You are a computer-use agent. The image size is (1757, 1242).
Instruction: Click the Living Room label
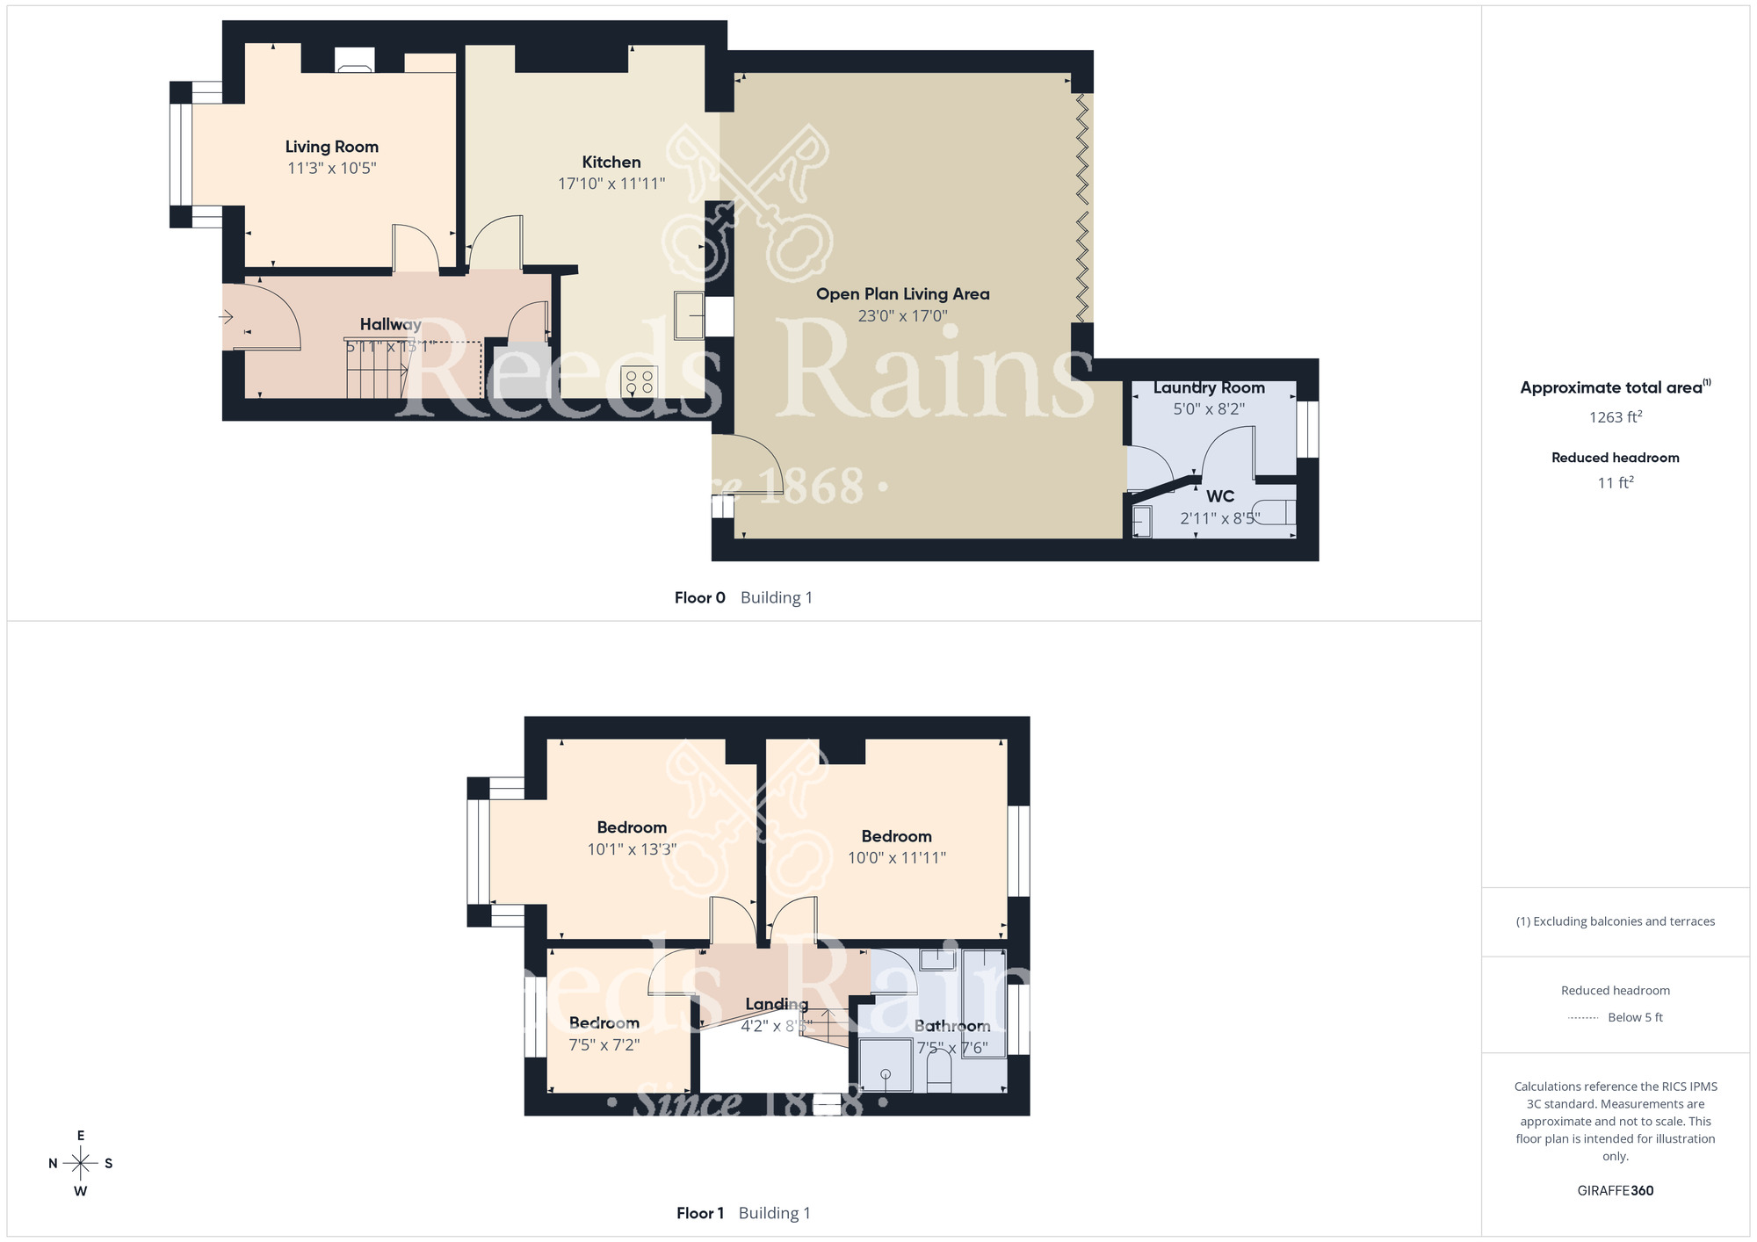[331, 147]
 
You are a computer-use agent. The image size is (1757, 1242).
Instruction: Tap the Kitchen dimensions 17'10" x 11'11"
[611, 184]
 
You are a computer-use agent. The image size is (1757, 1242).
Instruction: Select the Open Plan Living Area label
[902, 294]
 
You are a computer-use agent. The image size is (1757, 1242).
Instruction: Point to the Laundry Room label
[1209, 387]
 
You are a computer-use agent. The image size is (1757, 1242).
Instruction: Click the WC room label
[1220, 496]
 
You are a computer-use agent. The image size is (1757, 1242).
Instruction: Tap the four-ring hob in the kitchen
[639, 382]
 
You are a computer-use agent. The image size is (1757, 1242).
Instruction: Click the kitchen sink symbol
[689, 314]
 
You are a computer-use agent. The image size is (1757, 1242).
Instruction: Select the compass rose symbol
[81, 1164]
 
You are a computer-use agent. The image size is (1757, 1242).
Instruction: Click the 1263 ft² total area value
[1615, 417]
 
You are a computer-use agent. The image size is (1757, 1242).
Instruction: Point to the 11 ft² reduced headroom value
[1615, 482]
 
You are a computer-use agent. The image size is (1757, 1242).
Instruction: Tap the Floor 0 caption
[699, 598]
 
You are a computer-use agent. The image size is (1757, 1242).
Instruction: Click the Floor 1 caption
[699, 1214]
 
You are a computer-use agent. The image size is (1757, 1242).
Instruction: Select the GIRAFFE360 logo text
[1615, 1191]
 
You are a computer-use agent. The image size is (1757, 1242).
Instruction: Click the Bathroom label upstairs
[952, 1026]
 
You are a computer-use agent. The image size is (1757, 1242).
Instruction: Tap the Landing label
[777, 1004]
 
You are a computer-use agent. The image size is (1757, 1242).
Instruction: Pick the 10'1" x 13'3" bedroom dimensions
[632, 849]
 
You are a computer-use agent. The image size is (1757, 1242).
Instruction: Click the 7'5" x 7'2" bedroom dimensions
[604, 1045]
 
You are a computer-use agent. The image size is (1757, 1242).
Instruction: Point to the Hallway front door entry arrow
[227, 317]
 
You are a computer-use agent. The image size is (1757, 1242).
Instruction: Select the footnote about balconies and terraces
[1615, 921]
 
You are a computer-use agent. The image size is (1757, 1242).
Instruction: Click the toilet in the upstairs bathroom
[938, 1073]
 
